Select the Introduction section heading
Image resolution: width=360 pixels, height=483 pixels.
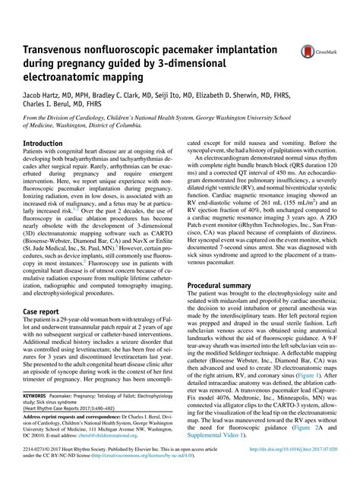(x=43, y=143)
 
